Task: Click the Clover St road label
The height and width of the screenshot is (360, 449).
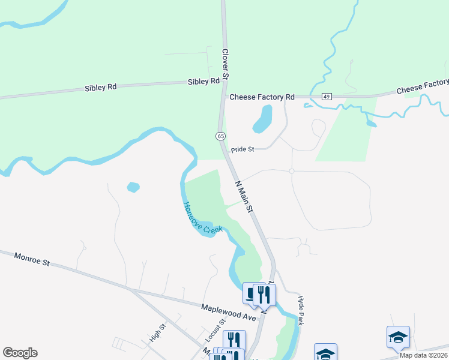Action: tap(226, 65)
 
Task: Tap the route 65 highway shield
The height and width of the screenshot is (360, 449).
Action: tap(221, 136)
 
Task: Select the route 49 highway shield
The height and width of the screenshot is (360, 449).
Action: tap(327, 96)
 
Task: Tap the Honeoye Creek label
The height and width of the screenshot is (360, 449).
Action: tap(202, 218)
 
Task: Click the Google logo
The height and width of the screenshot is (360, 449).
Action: tap(20, 353)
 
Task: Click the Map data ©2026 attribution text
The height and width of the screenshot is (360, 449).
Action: tap(423, 355)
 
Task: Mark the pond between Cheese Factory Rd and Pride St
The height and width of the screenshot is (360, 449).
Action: tap(263, 118)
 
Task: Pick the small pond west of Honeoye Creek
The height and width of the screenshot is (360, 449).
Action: tap(133, 187)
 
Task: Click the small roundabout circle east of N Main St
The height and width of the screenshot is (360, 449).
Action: tap(292, 171)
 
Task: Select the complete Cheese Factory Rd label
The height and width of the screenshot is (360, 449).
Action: tap(262, 97)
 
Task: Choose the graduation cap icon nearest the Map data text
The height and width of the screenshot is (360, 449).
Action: tap(398, 337)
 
